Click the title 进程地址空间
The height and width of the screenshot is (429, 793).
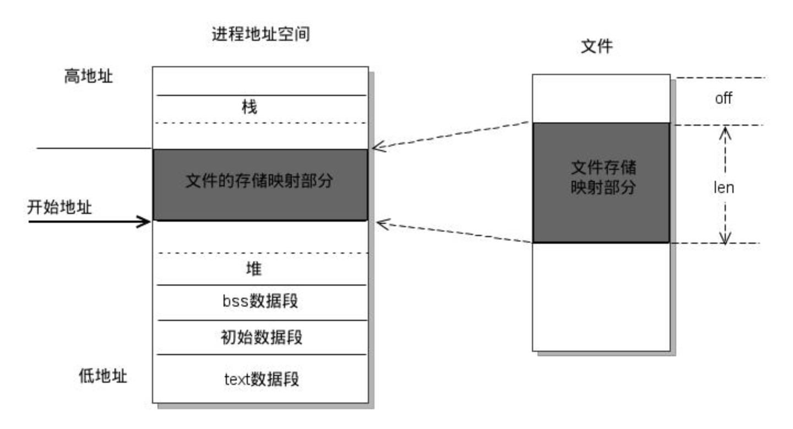pos(260,34)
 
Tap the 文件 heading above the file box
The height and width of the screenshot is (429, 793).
pos(597,47)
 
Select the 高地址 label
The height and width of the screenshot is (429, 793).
pos(88,76)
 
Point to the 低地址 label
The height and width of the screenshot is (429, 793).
pos(102,376)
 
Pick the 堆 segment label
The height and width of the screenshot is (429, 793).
pos(254,269)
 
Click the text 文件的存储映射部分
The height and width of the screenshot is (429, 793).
pos(259,181)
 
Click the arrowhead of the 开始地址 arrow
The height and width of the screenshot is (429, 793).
pos(146,222)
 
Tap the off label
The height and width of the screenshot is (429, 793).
pos(724,99)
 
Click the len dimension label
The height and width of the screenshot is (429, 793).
pos(724,187)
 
